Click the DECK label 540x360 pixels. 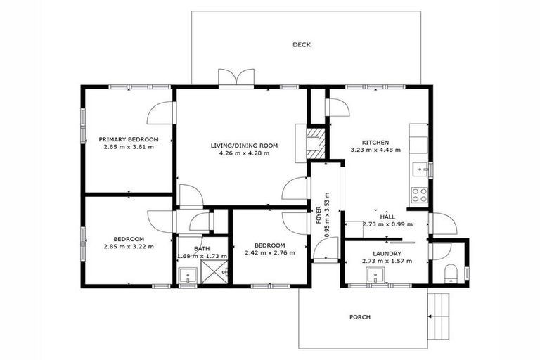coord(302,45)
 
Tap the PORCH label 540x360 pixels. coord(359,317)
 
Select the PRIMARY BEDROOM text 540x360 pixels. coord(128,139)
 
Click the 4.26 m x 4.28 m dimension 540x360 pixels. coord(244,153)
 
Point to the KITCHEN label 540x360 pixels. coord(375,142)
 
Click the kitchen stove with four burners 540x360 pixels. coord(419,195)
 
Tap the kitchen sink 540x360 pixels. coord(420,169)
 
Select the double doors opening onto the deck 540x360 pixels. coord(236,78)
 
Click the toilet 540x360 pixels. coord(452,272)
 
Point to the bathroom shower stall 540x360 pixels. coord(216,271)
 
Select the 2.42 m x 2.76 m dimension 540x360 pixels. coord(269,253)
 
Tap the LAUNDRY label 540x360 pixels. coord(387,254)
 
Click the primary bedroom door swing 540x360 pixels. coord(159,112)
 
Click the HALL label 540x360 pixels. coord(388,217)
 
